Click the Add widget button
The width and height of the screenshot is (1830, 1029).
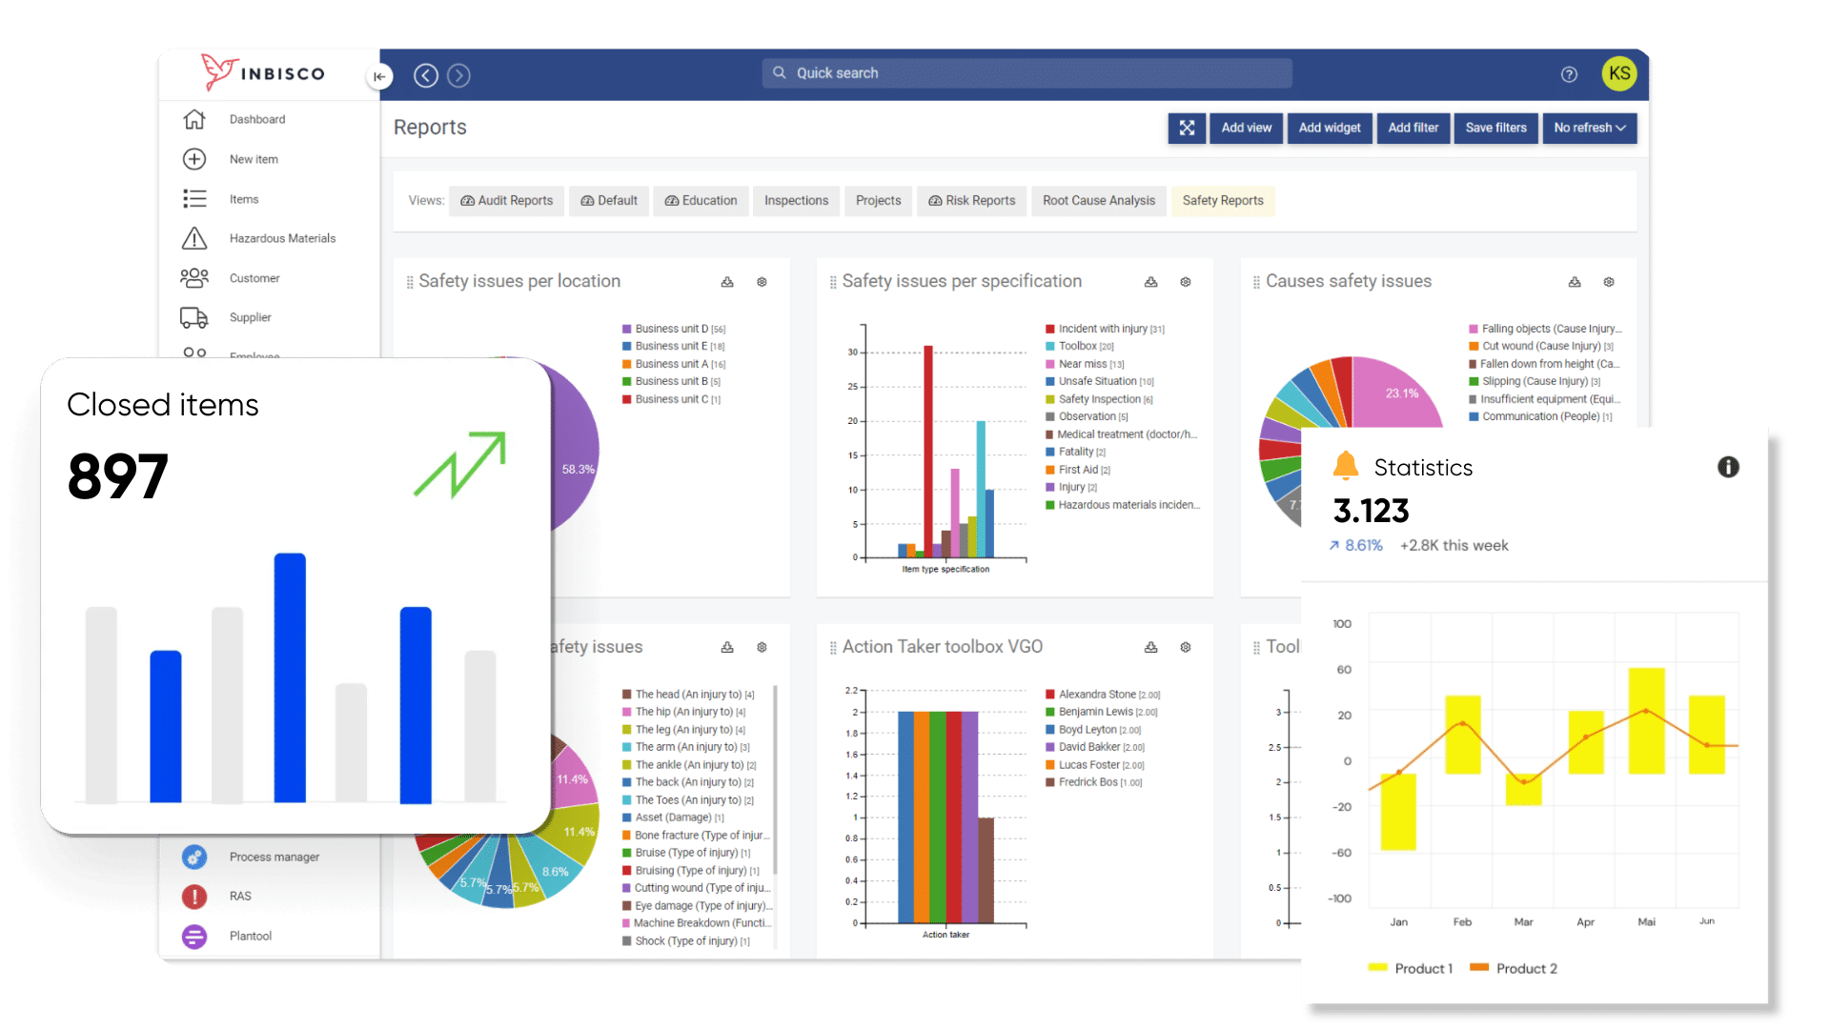coord(1330,128)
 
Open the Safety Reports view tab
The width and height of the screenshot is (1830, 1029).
coord(1222,200)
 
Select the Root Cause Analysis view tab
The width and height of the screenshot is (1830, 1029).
coord(1098,200)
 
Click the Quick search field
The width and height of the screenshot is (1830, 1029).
coord(1027,73)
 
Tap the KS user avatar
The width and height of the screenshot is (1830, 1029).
coord(1619,73)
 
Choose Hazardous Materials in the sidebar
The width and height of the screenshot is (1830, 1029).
coord(282,238)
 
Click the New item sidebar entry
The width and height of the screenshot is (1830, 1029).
coord(254,159)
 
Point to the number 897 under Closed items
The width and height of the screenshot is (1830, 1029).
coord(118,476)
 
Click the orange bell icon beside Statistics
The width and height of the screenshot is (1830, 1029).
coord(1346,466)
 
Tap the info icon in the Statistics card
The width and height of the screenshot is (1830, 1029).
coord(1728,467)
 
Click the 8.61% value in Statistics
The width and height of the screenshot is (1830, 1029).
coord(1363,546)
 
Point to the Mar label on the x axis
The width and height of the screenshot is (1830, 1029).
coord(1523,922)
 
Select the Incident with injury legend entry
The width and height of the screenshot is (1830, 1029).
coord(1103,329)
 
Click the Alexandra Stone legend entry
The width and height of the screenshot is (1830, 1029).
coord(1097,695)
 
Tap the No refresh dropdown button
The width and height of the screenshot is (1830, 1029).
coord(1589,128)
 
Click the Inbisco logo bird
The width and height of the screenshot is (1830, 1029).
coord(219,72)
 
